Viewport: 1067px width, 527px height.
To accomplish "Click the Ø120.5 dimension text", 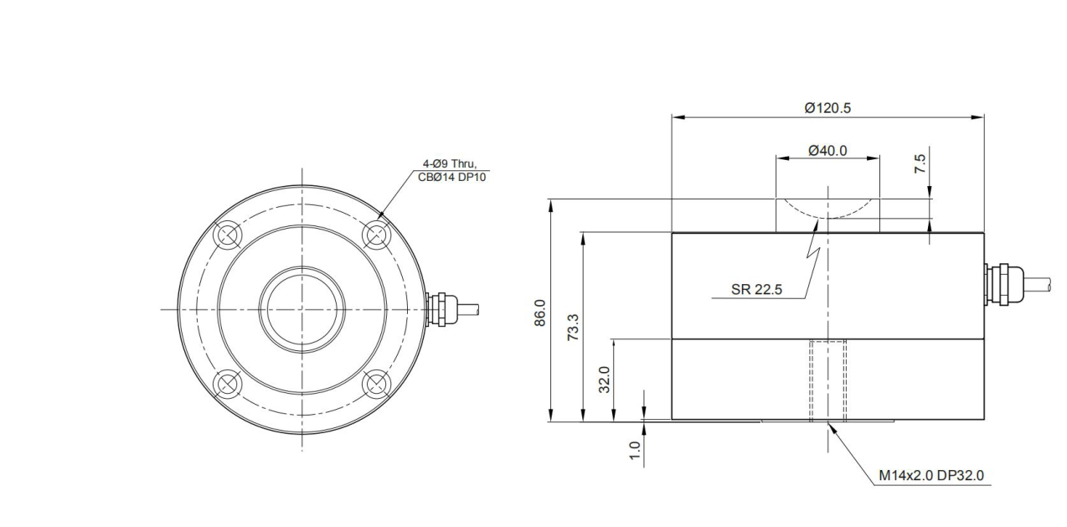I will coord(827,107).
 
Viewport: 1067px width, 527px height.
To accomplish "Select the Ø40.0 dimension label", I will coord(827,151).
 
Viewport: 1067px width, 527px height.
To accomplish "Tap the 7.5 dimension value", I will coord(920,164).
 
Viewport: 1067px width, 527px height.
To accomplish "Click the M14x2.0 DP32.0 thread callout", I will coord(930,476).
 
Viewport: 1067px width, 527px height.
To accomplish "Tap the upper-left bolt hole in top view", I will coord(225,235).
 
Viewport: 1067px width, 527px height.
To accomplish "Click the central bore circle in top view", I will coord(301,308).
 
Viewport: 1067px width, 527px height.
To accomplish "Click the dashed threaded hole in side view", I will coord(827,380).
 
